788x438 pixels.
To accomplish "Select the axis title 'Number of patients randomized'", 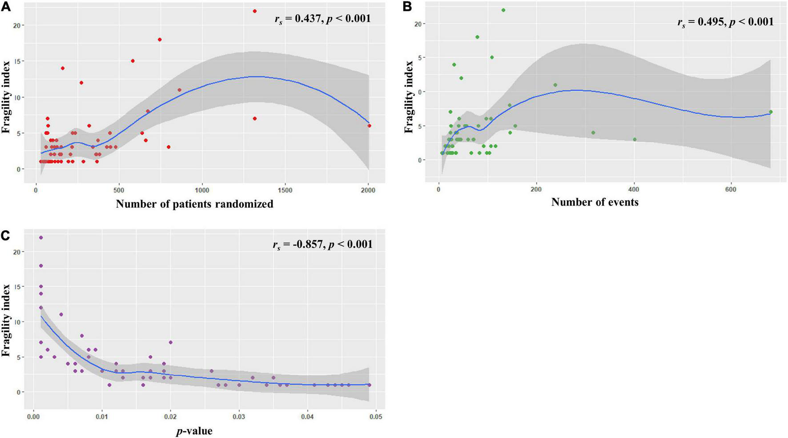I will coord(194,204).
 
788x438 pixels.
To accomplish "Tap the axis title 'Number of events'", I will coord(595,202).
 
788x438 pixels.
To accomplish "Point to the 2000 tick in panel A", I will coord(368,190).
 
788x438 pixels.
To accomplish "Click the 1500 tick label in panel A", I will coord(285,190).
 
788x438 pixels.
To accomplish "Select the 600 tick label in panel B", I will coord(731,189).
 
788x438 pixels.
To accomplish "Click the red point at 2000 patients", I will coord(369,126).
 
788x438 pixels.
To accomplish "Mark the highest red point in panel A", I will coord(254,11).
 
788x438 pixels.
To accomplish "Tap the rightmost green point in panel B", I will coord(771,112).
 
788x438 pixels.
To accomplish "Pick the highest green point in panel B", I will coord(503,10).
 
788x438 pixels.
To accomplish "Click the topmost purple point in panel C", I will coord(41,237).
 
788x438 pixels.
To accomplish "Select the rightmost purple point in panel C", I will coord(369,385).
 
